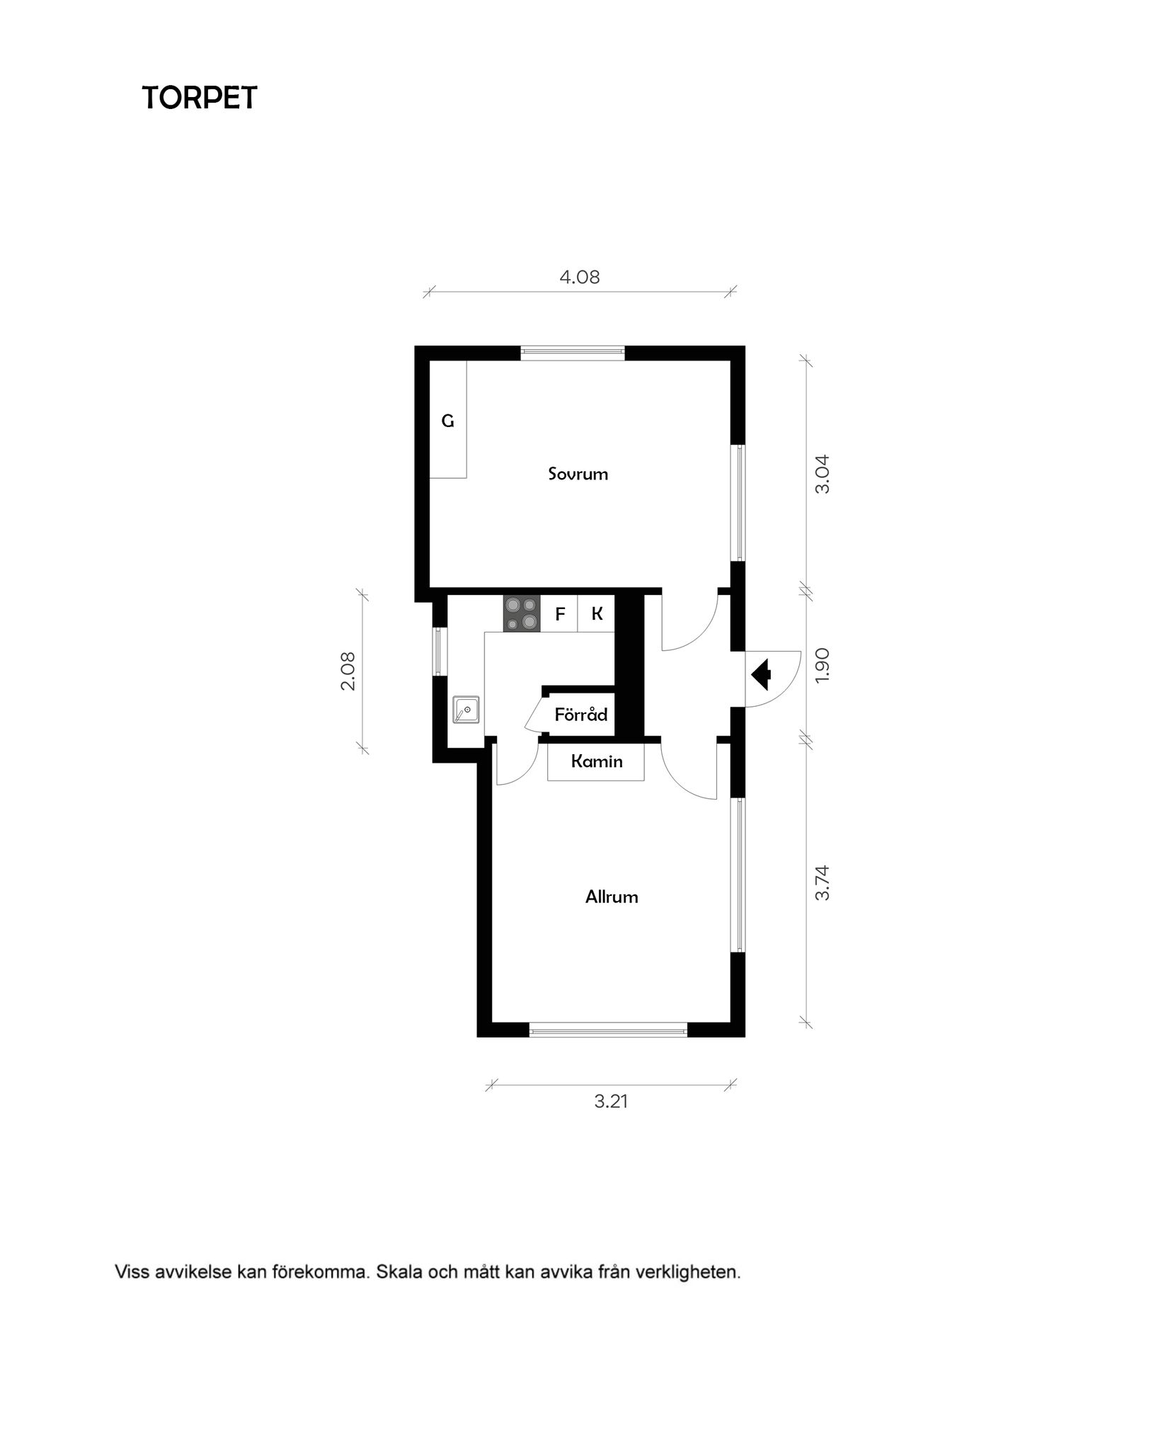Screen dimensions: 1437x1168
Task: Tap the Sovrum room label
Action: point(578,474)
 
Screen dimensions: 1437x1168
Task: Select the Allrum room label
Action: point(612,897)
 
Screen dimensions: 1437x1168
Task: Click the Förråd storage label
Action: point(581,714)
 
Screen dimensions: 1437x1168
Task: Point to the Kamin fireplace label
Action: point(597,761)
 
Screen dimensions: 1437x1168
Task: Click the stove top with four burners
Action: point(522,614)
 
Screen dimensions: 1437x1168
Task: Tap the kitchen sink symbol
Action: point(466,710)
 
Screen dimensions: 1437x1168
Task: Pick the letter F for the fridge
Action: point(560,614)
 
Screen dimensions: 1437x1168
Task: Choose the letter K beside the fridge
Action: point(597,614)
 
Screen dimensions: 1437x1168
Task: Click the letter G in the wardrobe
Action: point(447,421)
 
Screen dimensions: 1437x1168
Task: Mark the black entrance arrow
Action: point(761,674)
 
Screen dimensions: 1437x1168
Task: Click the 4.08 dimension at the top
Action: point(580,277)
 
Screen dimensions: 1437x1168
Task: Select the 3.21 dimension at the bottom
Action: point(611,1101)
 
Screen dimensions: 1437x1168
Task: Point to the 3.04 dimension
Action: point(822,474)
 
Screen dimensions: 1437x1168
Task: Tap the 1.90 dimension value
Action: point(822,666)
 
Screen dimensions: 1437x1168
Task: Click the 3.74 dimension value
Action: point(822,882)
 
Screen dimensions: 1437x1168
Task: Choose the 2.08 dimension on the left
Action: point(348,671)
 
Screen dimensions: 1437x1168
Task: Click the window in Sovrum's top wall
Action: point(573,352)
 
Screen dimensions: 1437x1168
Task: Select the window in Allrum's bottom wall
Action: point(608,1030)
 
